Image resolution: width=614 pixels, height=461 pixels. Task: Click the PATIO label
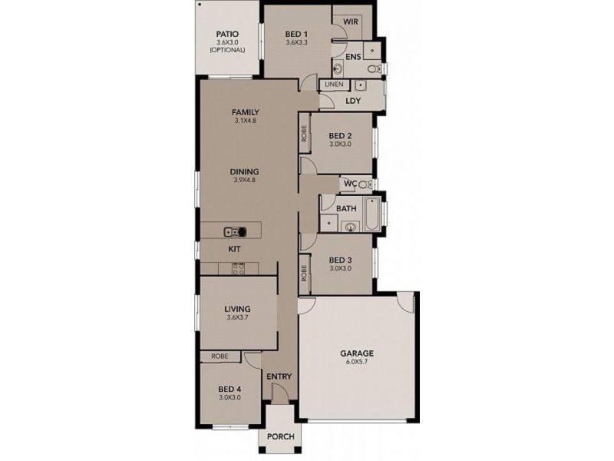click(x=227, y=34)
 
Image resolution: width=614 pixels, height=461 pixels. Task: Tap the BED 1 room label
click(x=296, y=34)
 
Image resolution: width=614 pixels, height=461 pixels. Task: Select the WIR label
click(x=352, y=22)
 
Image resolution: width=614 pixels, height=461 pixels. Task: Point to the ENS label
click(x=353, y=57)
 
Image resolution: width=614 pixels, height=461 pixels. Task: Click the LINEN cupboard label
click(x=333, y=84)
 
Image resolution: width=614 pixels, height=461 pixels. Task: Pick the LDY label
click(x=353, y=101)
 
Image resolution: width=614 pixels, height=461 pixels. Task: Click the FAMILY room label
click(x=246, y=112)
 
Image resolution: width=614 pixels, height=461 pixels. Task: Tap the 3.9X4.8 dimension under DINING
click(x=246, y=181)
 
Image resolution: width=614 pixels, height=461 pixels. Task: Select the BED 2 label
click(x=340, y=135)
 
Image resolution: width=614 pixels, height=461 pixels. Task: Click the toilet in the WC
click(x=365, y=184)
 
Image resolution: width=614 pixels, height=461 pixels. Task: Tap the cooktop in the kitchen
click(x=238, y=268)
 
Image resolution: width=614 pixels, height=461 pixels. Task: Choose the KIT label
click(x=234, y=250)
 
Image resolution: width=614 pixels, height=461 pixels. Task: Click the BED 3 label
click(x=340, y=260)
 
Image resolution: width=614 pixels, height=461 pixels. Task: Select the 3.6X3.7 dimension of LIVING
click(x=239, y=317)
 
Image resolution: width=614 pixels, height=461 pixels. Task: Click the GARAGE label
click(x=358, y=355)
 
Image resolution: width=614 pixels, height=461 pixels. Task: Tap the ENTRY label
click(x=279, y=376)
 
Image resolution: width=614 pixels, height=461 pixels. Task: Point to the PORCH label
click(x=281, y=437)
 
